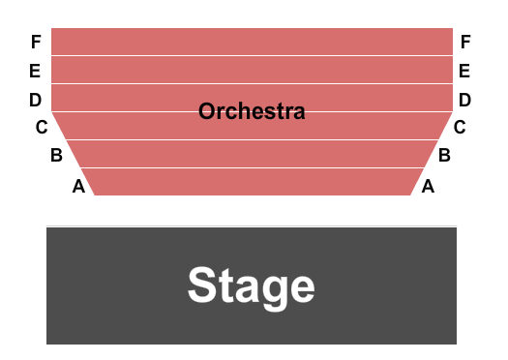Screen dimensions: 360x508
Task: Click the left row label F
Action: (36, 43)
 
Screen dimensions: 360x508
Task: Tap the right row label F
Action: (465, 43)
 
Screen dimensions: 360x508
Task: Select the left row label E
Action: (36, 71)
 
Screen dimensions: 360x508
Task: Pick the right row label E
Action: (465, 71)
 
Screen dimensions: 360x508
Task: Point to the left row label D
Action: (36, 100)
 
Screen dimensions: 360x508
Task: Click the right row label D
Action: (465, 100)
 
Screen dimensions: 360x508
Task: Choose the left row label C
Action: (42, 127)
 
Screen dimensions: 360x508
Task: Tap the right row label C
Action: (460, 127)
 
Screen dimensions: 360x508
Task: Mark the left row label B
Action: (57, 155)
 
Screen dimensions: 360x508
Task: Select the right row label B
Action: (444, 155)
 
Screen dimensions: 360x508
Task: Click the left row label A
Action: (78, 188)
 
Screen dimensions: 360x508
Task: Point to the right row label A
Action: (427, 188)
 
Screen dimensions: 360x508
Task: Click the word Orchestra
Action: (252, 112)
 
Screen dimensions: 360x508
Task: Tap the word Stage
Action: (252, 286)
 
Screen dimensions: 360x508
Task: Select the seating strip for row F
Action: (252, 42)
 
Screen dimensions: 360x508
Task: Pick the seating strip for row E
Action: (252, 70)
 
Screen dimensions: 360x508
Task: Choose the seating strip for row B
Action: (252, 155)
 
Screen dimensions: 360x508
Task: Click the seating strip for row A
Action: (252, 182)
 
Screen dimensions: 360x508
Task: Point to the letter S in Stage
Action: (202, 286)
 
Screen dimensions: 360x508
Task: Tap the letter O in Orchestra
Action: (206, 112)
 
